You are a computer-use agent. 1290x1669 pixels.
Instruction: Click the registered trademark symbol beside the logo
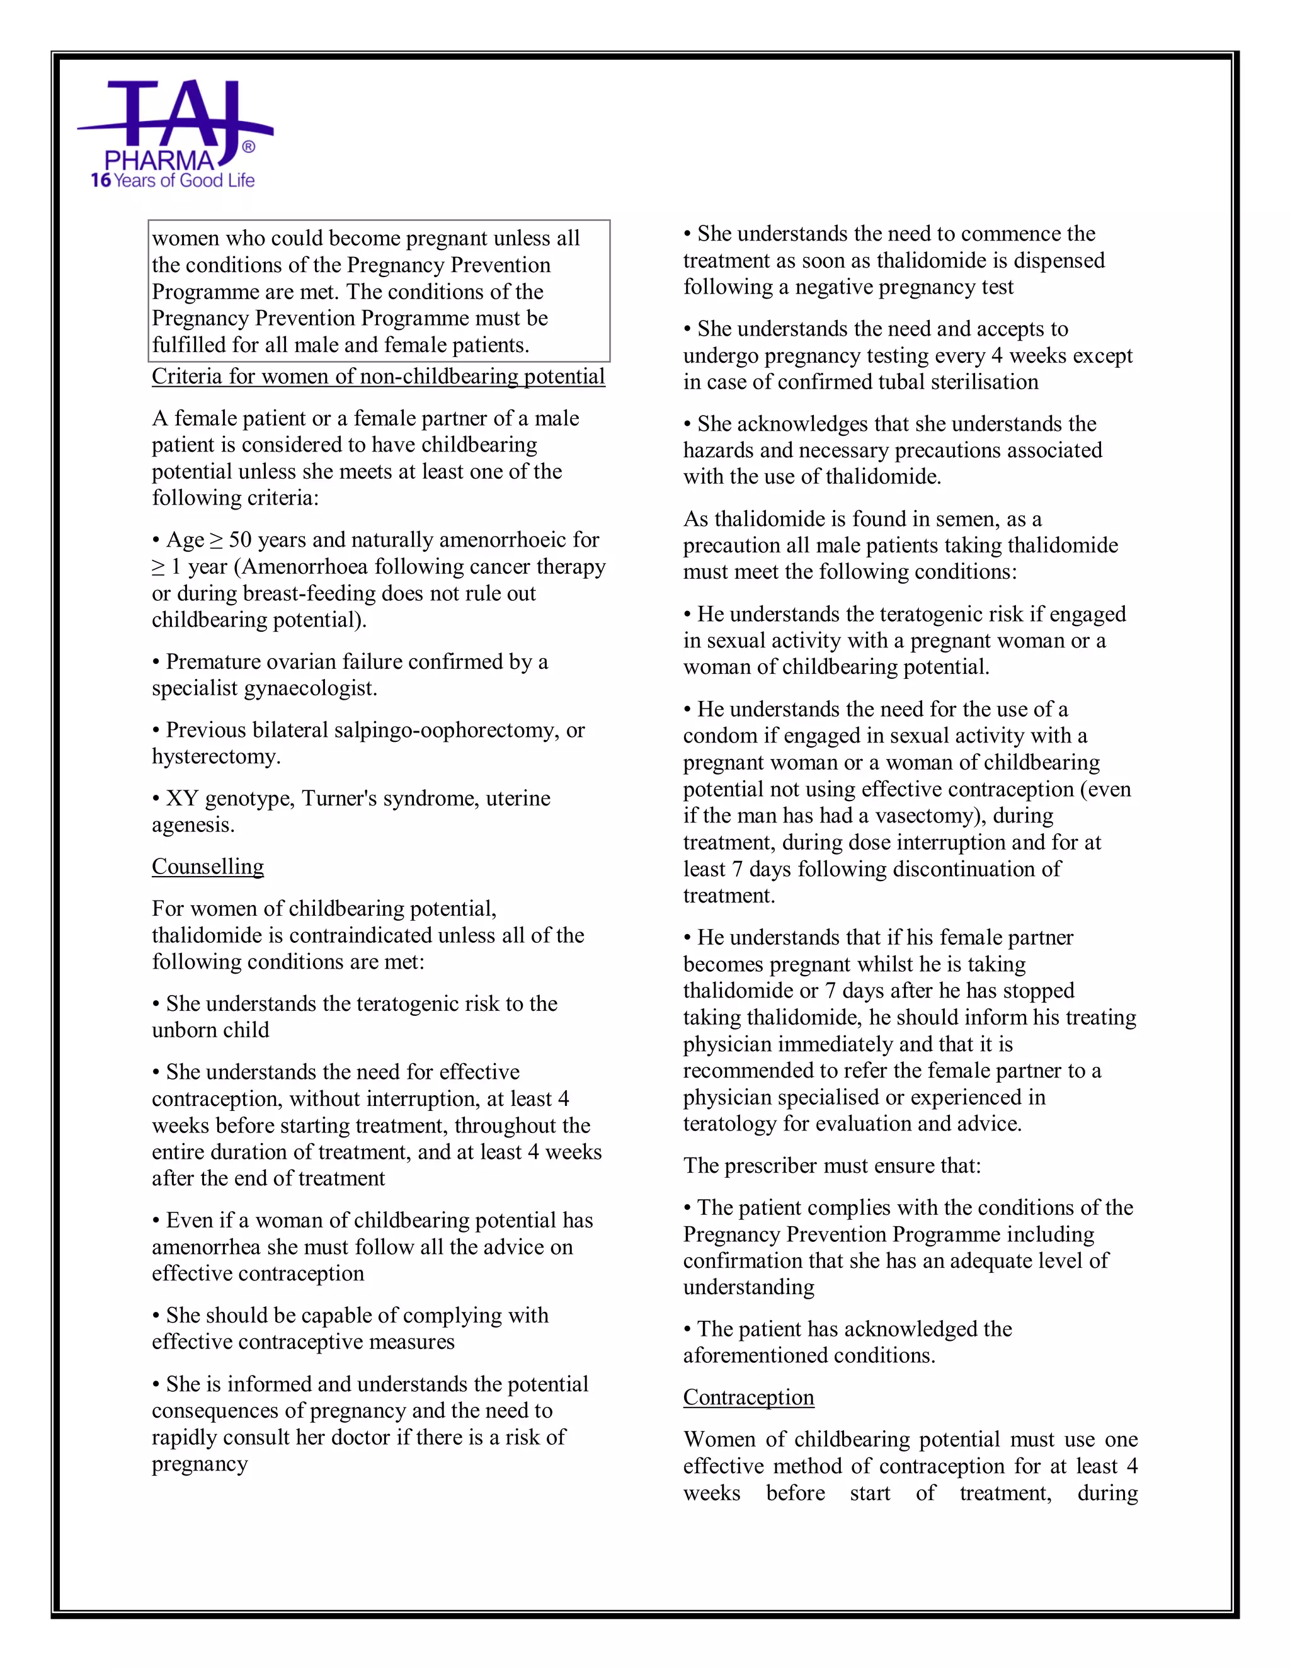(x=248, y=147)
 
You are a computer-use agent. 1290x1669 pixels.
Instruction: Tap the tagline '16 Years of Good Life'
(x=173, y=180)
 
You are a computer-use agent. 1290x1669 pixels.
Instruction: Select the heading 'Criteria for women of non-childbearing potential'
(x=379, y=376)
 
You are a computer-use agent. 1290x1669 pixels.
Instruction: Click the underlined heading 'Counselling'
(x=208, y=866)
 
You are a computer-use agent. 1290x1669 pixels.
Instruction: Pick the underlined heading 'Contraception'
(x=748, y=1397)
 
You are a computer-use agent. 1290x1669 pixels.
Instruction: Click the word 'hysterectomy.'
(x=216, y=756)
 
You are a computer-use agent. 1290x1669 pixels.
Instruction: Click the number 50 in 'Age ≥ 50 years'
(x=240, y=540)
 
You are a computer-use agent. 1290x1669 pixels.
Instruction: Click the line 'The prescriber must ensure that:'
(x=832, y=1165)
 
